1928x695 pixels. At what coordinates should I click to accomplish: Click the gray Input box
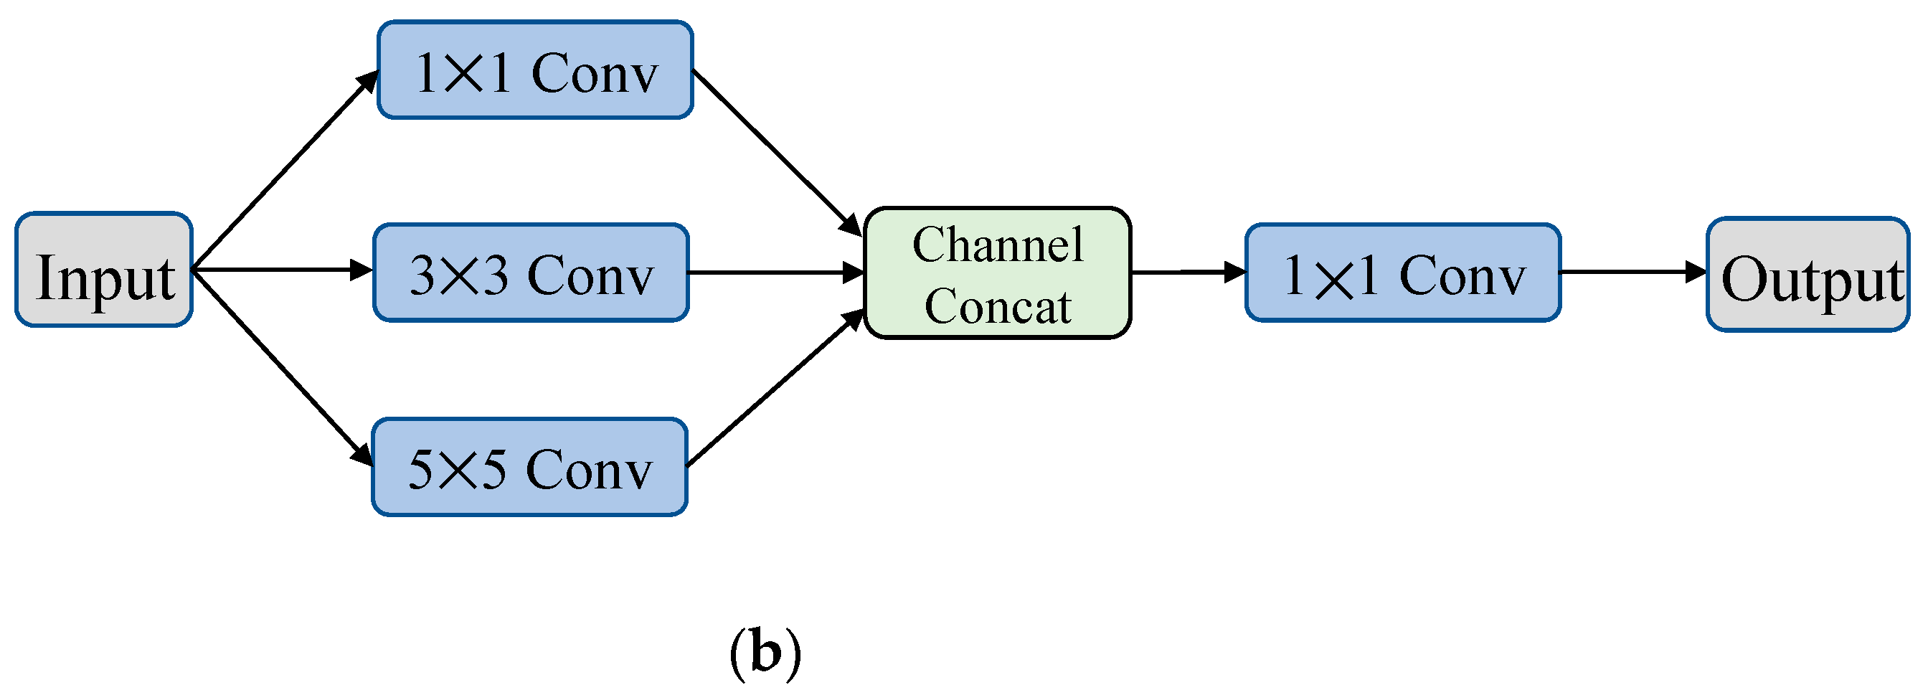tap(104, 270)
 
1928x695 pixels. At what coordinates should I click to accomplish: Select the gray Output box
tap(1807, 275)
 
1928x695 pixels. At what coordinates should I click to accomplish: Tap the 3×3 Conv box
tap(531, 273)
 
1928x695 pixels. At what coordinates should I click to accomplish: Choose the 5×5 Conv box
tap(529, 468)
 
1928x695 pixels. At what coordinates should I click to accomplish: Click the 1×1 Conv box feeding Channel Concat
tap(535, 70)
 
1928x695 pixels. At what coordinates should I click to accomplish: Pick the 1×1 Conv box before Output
tap(1402, 273)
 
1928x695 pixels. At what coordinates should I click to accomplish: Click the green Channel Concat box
tap(997, 273)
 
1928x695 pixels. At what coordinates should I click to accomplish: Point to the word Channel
tap(997, 245)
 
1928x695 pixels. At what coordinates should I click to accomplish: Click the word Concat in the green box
tap(997, 306)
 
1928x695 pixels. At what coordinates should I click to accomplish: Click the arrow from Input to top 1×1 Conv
tap(285, 170)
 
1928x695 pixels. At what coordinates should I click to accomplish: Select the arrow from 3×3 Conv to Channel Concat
tap(775, 273)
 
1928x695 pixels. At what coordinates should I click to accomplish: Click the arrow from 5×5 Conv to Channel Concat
tap(775, 387)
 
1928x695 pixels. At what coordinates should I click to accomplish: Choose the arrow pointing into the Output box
tap(1632, 273)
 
